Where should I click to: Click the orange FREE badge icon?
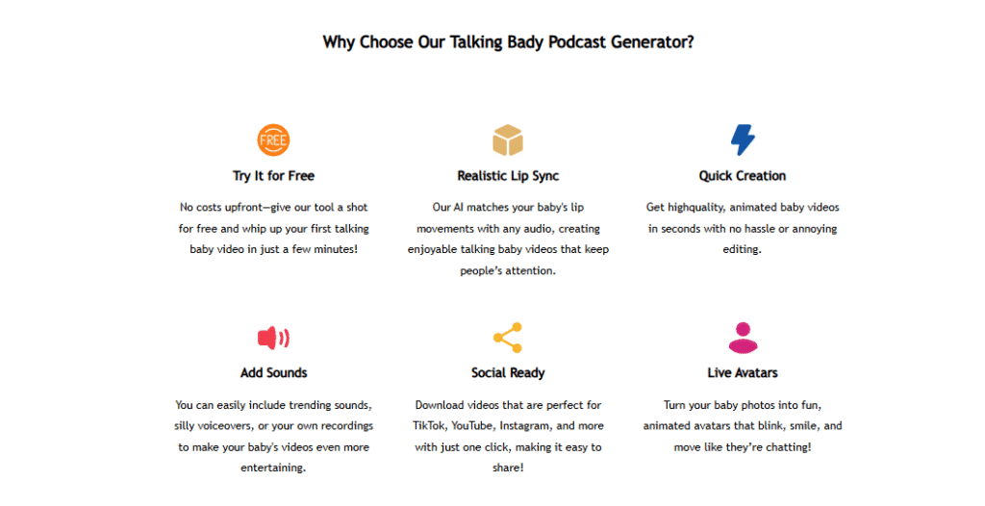tap(273, 140)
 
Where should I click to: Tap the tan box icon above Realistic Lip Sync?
tap(508, 140)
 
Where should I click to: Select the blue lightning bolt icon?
tap(743, 139)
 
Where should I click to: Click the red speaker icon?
tap(273, 338)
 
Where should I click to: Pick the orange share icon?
tap(508, 338)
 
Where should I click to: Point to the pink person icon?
tap(743, 338)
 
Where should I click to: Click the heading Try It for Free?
tap(273, 176)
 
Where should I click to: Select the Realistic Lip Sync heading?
tap(508, 176)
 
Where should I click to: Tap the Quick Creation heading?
tap(743, 176)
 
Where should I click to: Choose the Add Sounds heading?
tap(273, 372)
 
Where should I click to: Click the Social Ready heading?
tap(508, 372)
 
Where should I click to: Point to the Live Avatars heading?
tap(743, 372)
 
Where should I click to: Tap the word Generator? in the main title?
tap(652, 42)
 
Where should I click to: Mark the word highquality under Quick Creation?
tap(699, 208)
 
